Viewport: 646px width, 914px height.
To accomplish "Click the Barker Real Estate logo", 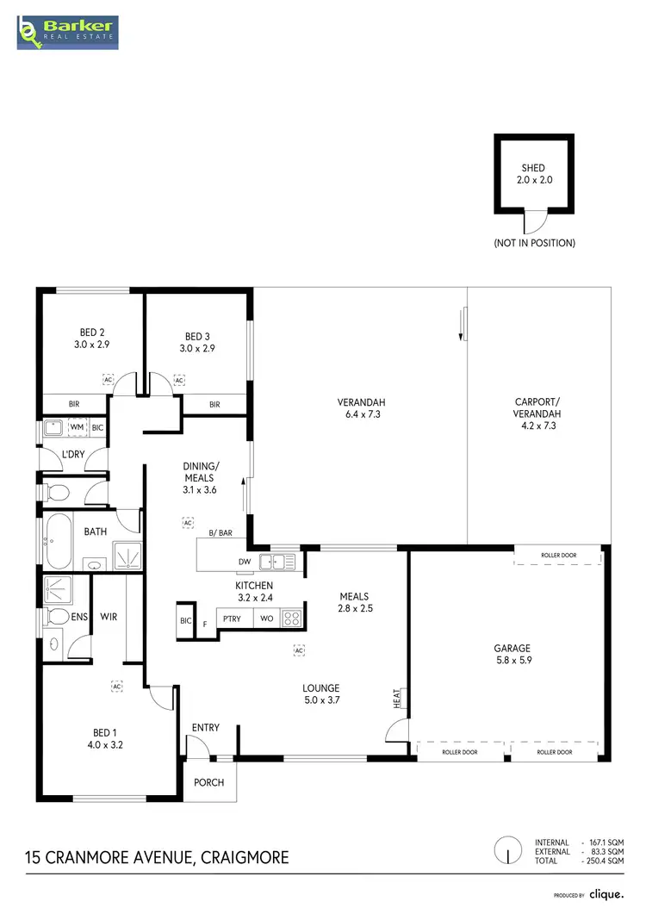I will (x=67, y=31).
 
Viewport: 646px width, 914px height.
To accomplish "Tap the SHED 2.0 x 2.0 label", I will (x=533, y=175).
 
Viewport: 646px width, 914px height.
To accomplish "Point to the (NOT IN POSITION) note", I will (x=534, y=243).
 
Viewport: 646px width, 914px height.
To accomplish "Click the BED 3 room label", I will (x=196, y=343).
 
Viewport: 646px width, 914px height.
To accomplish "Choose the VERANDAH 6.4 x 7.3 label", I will (x=361, y=408).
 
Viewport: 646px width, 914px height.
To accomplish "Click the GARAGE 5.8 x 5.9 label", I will (x=512, y=655).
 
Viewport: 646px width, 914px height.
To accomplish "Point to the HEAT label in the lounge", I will (x=397, y=698).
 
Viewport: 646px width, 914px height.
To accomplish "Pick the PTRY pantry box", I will (x=233, y=619).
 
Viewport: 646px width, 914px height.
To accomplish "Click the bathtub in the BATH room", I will (x=58, y=542).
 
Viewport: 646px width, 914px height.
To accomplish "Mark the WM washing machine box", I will (x=77, y=426).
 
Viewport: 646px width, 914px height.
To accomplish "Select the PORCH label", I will (x=209, y=783).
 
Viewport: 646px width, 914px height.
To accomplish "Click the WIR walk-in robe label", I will (x=109, y=617).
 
